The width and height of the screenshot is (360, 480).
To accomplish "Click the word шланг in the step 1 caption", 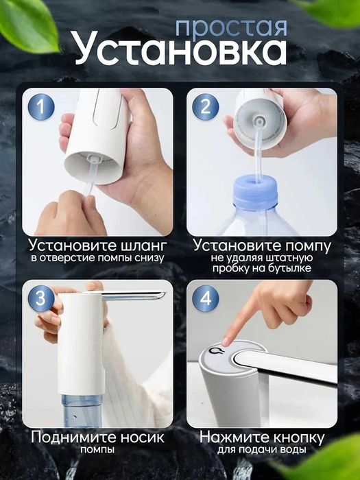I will point(136,245).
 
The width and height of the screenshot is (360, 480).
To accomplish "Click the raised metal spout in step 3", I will point(134,295).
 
